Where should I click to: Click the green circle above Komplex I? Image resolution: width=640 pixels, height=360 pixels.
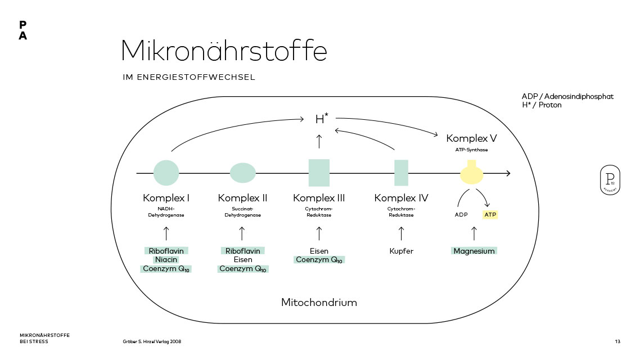coord(166,173)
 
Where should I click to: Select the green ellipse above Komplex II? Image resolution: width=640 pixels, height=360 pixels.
coord(243,173)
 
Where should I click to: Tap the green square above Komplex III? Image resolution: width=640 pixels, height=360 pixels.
coord(319,173)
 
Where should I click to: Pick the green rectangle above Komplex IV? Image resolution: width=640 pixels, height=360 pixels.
coord(401,173)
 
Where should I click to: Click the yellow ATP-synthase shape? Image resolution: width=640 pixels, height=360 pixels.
coord(471,173)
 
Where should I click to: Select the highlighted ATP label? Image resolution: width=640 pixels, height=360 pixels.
coord(490,215)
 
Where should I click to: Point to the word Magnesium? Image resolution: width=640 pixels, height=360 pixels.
coord(474,251)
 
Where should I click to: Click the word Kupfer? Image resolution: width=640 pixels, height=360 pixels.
coord(401,251)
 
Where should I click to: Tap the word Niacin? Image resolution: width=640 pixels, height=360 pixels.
coord(166,260)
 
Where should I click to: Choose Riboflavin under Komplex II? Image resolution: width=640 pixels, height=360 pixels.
coord(242,251)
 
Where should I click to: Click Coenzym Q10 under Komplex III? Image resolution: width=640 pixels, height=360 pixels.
coord(319,260)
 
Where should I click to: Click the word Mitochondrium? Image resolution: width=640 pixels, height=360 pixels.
coord(319,303)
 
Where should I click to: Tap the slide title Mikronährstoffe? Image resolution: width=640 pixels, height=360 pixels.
coord(224,51)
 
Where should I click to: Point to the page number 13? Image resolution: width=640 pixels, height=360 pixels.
coord(618,341)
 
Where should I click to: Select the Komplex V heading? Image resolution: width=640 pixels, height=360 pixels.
coord(471,138)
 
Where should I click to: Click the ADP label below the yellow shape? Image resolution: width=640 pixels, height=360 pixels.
coord(461,215)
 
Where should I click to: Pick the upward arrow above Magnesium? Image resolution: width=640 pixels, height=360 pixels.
coord(474,233)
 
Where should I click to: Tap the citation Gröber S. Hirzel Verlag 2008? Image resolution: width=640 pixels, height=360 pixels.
coord(152,341)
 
